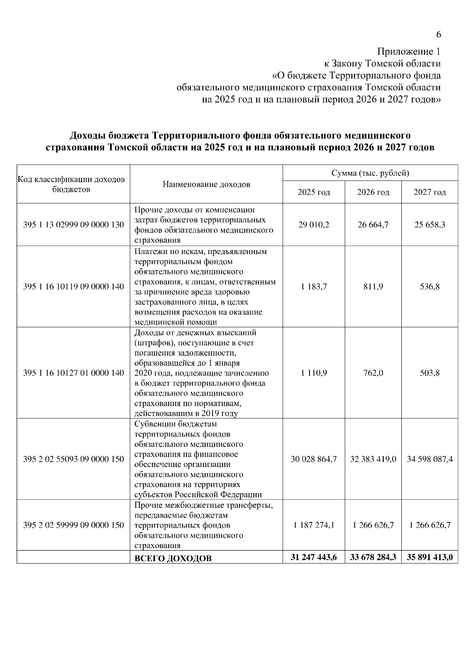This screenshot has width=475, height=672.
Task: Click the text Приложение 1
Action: pos(408,52)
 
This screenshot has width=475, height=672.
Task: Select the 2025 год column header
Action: pos(313,192)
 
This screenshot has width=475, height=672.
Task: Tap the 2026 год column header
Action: pos(373,192)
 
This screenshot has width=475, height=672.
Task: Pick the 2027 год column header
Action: pos(429,192)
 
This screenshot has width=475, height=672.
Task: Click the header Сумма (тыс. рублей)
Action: pos(370,173)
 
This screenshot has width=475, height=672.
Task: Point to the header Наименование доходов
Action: pos(206,184)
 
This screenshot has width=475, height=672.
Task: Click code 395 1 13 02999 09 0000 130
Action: pos(74,225)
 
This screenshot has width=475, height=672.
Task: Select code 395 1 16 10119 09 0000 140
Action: pos(74,287)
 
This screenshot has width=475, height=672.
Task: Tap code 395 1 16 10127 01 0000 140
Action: pos(74,373)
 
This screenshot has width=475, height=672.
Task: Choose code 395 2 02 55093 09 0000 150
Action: pos(74,459)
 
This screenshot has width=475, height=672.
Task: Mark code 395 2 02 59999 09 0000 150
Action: pos(74,525)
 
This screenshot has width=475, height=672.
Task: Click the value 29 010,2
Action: pos(313,225)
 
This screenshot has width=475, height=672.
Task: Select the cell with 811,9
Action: pos(373,287)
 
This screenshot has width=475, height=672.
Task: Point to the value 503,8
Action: pos(429,373)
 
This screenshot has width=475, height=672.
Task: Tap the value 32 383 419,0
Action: pos(373,459)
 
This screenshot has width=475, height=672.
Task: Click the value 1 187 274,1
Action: pos(313,525)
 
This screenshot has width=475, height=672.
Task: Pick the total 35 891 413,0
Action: pos(429,557)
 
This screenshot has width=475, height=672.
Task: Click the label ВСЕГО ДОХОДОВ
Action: pos(173,558)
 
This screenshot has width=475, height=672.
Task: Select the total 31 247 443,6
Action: pos(313,557)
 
